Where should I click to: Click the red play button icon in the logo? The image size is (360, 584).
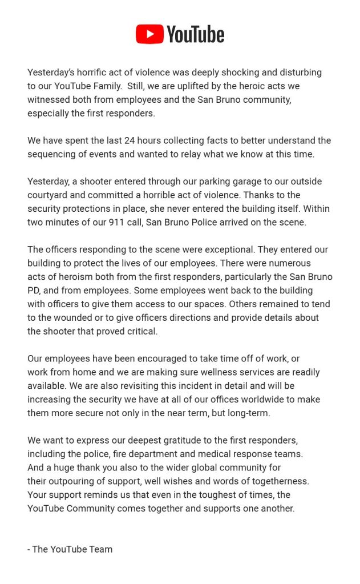(149, 34)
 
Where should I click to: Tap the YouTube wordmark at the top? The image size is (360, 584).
(195, 35)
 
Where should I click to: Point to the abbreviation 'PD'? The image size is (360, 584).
(34, 291)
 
